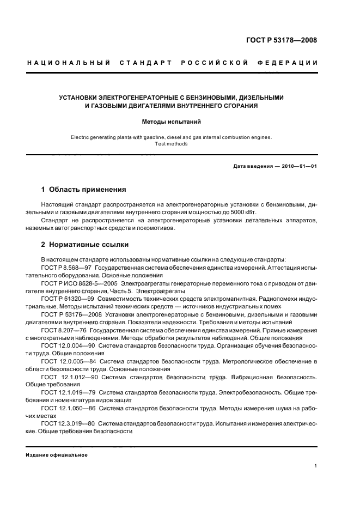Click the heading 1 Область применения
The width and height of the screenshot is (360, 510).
pyautogui.click(x=84, y=190)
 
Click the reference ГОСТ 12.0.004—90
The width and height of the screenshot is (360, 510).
pyautogui.click(x=68, y=345)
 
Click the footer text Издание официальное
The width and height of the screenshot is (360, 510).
pyautogui.click(x=57, y=455)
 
